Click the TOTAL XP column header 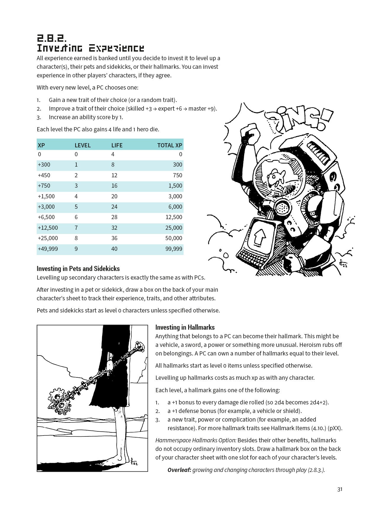click(170, 145)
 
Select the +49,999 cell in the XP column click(48, 249)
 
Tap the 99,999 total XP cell click(174, 249)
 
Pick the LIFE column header click(117, 145)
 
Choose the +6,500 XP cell click(46, 217)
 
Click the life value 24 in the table click(114, 207)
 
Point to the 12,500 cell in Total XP click(174, 217)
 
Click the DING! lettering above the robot click(299, 120)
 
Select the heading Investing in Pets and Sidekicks click(78, 269)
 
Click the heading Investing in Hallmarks click(185, 327)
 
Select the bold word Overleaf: click(179, 470)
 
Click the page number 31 click(340, 489)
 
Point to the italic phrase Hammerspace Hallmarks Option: click(196, 440)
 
